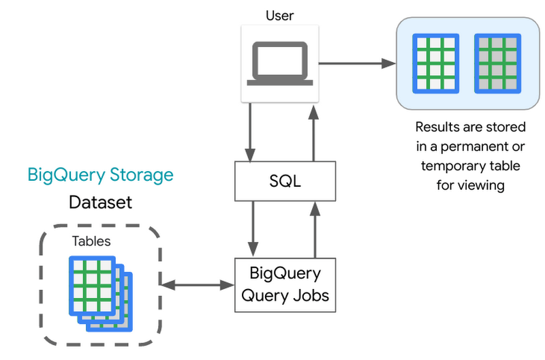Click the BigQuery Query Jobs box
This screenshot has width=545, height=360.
285,284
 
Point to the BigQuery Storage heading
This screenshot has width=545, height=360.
100,175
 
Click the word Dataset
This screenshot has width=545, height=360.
100,202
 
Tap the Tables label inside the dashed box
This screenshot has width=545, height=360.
91,241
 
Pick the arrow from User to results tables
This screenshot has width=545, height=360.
358,63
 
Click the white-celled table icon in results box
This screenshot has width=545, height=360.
435,63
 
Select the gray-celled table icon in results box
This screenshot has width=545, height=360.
497,63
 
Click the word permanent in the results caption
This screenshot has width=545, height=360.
475,146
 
